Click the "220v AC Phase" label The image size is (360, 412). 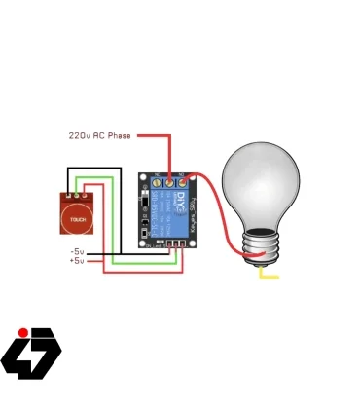[99, 135]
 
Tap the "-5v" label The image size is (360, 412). [77, 251]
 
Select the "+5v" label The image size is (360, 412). [77, 261]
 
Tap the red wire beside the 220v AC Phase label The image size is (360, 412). [156, 135]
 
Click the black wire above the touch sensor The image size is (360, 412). [92, 169]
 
